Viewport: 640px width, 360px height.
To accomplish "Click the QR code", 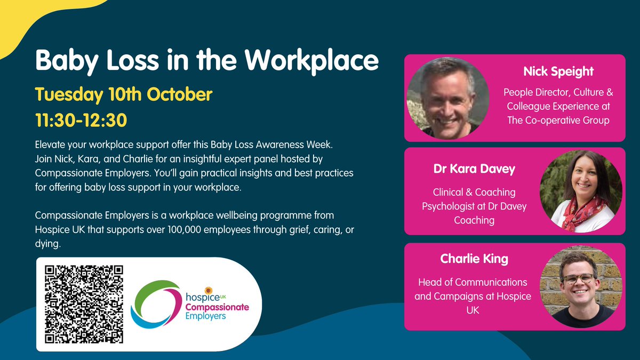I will [x=84, y=304].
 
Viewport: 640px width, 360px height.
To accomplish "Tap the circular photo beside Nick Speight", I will [x=448, y=98].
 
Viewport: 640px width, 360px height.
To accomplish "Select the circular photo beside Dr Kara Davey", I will [x=581, y=191].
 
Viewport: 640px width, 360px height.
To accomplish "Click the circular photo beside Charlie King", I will [x=581, y=286].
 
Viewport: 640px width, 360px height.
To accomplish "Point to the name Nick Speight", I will [x=557, y=70].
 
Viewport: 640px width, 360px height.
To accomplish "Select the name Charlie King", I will [x=474, y=259].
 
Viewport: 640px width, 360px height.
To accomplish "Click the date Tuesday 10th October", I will [x=124, y=95].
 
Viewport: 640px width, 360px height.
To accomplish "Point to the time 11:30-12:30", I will [x=81, y=119].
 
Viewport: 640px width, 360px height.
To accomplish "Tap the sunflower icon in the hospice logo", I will [x=209, y=291].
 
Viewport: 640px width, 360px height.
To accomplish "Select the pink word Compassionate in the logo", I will [x=217, y=307].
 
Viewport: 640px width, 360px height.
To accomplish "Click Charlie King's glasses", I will [x=578, y=278].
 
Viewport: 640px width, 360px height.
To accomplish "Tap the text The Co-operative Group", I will [x=558, y=120].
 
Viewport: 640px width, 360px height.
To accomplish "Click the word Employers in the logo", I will [x=205, y=316].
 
